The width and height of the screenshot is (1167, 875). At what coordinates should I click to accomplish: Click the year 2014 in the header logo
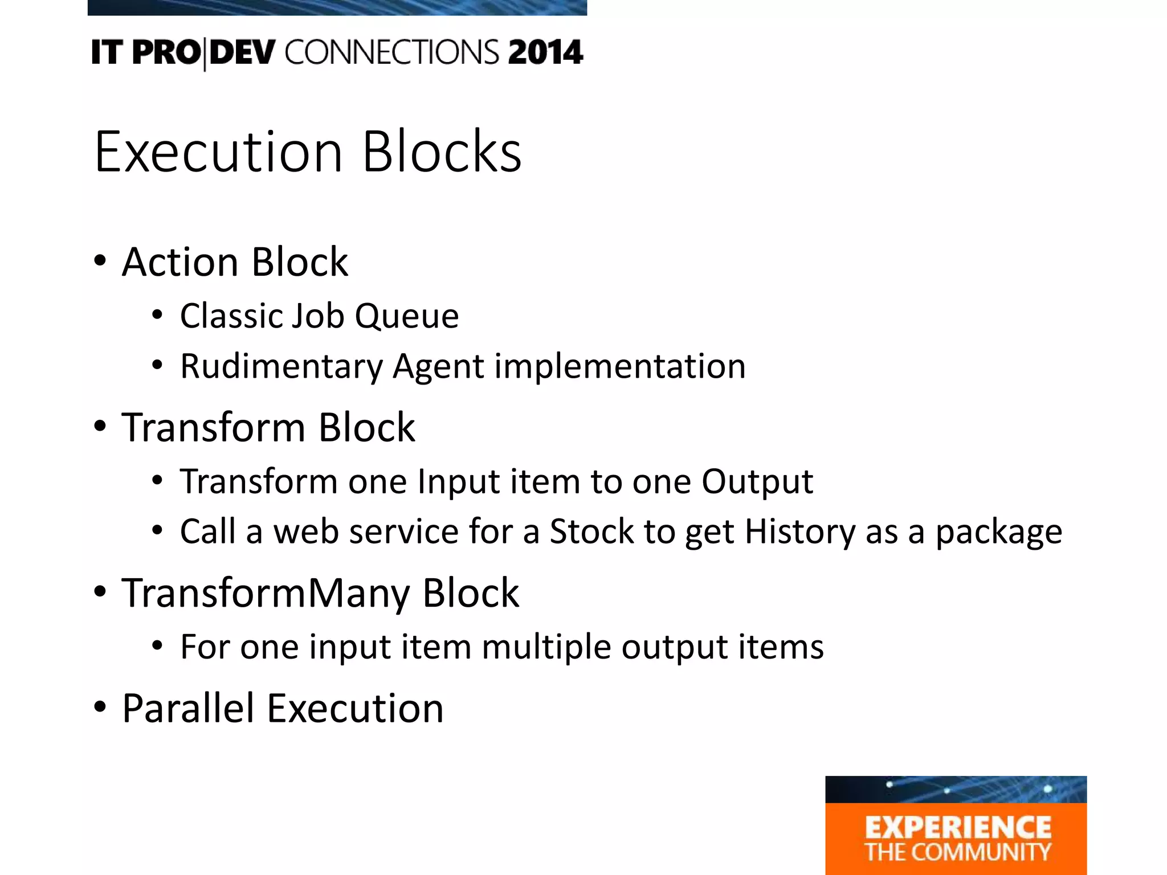click(545, 52)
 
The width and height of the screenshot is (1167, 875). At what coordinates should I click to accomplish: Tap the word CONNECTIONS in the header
click(392, 52)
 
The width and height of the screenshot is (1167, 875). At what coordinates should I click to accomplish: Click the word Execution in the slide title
click(218, 152)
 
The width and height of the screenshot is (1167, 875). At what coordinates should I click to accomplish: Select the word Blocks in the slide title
click(442, 152)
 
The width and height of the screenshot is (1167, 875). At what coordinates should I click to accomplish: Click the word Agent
click(438, 366)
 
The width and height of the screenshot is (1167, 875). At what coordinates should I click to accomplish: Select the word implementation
click(619, 366)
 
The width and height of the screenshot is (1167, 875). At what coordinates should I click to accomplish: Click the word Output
click(757, 482)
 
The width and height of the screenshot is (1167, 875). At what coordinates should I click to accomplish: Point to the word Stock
click(591, 531)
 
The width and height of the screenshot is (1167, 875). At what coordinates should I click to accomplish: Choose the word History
click(800, 531)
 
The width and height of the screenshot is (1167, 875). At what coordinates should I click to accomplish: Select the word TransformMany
click(266, 594)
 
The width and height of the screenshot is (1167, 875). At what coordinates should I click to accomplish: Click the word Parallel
click(188, 709)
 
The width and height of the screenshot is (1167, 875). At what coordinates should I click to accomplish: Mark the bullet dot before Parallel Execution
click(100, 707)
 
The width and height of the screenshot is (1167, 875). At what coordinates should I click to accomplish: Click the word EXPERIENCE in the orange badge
click(958, 828)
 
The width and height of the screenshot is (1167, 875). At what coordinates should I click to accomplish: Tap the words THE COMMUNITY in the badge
click(958, 852)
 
